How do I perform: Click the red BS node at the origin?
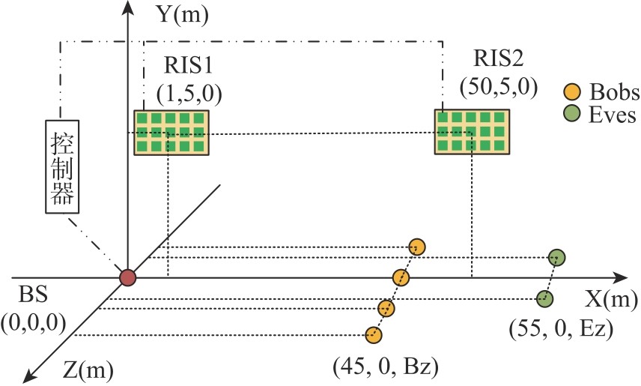point(128,278)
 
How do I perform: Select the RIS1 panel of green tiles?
point(171,133)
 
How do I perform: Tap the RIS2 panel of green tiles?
point(473,132)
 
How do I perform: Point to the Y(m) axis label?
point(171,13)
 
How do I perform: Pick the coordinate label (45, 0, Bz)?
point(385,366)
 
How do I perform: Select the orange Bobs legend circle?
point(571,93)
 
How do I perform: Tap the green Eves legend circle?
point(571,115)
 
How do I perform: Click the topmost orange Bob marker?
point(417,247)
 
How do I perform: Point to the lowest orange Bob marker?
point(374,335)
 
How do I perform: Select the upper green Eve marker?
point(556,258)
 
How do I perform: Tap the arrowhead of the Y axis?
point(128,8)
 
